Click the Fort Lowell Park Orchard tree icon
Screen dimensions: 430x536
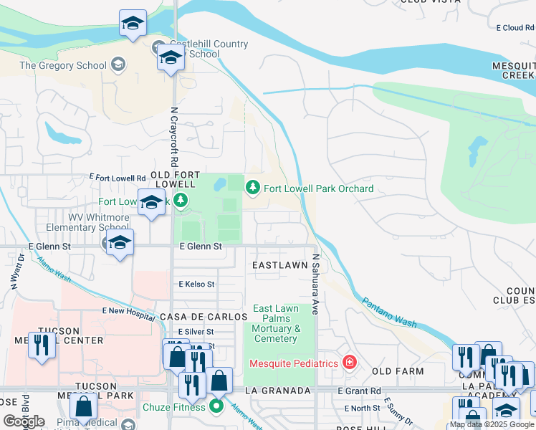click(x=252, y=188)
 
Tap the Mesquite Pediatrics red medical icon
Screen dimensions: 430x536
click(x=349, y=363)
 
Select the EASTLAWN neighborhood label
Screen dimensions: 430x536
click(x=280, y=265)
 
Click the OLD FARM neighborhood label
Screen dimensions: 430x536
click(x=398, y=371)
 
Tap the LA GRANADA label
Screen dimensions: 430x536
click(x=277, y=391)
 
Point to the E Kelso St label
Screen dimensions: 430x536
click(x=196, y=285)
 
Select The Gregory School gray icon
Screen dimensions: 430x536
click(x=119, y=65)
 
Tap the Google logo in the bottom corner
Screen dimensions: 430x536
click(x=24, y=421)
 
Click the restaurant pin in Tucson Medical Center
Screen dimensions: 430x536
click(x=42, y=345)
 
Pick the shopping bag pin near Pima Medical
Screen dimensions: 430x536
click(x=84, y=406)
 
